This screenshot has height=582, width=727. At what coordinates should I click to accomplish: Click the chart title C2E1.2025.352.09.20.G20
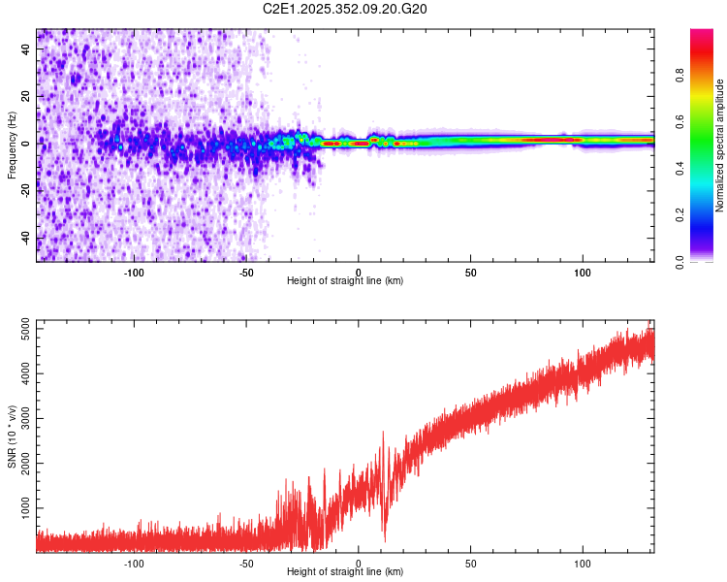tap(346, 9)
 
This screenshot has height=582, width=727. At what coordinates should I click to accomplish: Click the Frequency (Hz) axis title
tap(12, 145)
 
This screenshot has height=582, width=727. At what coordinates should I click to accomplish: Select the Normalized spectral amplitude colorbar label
tap(719, 145)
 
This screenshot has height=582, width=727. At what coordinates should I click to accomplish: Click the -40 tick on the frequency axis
tap(24, 238)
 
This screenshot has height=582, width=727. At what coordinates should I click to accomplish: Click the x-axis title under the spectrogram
tap(345, 282)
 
